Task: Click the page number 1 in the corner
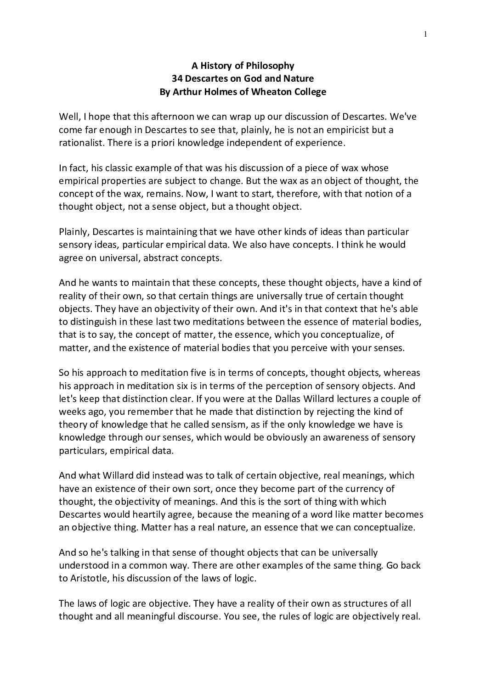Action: click(426, 34)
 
